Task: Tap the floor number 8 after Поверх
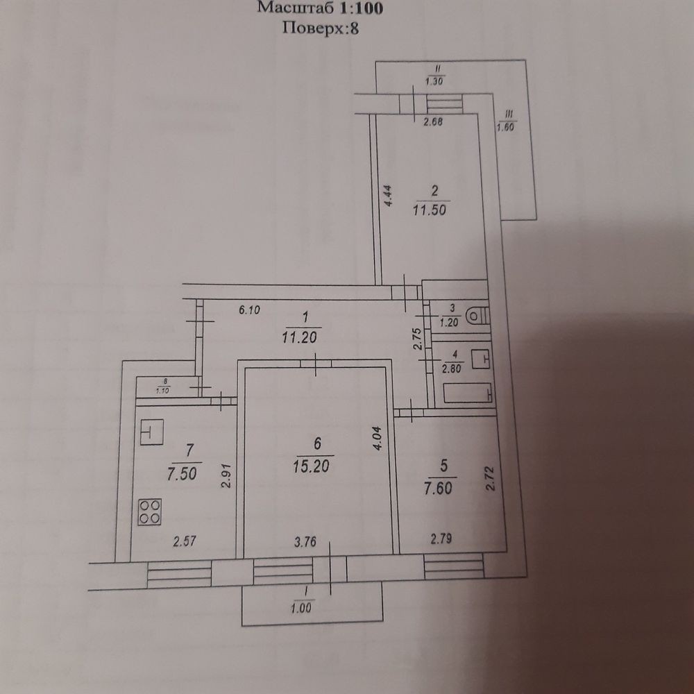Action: (x=354, y=28)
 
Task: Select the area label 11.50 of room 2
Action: (x=430, y=210)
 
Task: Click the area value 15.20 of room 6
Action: (x=311, y=466)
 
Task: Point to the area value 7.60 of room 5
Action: (x=438, y=488)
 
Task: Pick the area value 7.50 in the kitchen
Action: (x=182, y=473)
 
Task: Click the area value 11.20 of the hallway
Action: (x=300, y=337)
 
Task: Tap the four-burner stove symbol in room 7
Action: (x=150, y=511)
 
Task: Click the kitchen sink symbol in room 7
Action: (x=152, y=432)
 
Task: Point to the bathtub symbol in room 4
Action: (x=467, y=393)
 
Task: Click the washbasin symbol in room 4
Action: (x=481, y=359)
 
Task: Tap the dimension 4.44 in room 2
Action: (x=388, y=196)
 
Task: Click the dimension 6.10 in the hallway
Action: (x=249, y=310)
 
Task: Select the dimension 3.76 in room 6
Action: (x=305, y=542)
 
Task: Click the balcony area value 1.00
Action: (x=301, y=608)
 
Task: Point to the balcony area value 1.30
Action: (x=434, y=81)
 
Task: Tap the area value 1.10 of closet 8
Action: (x=163, y=390)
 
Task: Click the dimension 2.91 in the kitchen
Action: (x=226, y=476)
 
